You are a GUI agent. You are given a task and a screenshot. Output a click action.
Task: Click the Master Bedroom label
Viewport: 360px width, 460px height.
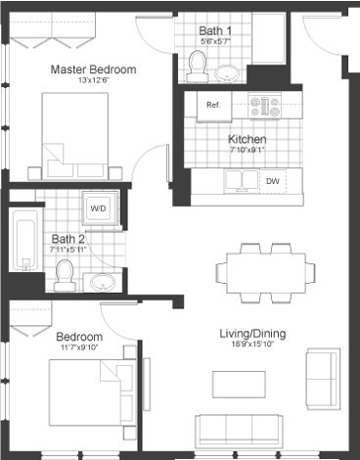click(93, 69)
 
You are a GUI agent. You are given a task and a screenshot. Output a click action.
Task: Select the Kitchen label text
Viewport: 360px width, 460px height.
click(247, 139)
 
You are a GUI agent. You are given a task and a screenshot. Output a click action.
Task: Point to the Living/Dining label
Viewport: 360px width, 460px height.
click(252, 335)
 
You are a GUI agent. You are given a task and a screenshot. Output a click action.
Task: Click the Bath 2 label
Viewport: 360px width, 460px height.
click(68, 238)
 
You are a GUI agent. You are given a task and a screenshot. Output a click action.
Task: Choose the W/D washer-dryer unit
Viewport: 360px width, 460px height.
click(100, 208)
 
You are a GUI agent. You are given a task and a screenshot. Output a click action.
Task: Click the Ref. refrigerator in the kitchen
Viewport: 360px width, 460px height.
click(212, 105)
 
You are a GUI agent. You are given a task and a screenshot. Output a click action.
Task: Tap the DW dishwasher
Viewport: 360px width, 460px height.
click(273, 181)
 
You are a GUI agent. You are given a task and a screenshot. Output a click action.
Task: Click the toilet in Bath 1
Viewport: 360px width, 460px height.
click(198, 66)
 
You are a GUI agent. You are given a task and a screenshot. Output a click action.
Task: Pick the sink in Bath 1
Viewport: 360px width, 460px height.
click(230, 72)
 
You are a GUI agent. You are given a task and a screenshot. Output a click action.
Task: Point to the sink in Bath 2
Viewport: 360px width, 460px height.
click(103, 283)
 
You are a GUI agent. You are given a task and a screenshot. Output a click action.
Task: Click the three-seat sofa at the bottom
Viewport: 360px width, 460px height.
click(238, 431)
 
